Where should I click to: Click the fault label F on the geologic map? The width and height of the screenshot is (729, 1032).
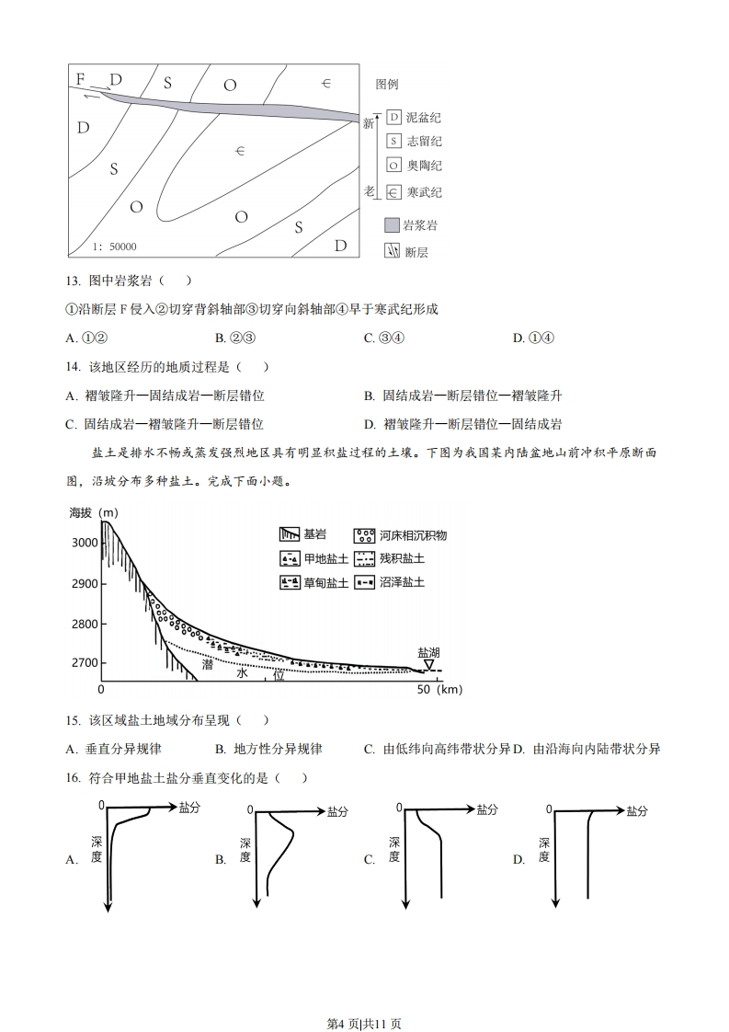point(81,78)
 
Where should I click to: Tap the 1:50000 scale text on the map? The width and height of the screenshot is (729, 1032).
point(114,247)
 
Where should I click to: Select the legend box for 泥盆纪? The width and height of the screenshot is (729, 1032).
point(393,117)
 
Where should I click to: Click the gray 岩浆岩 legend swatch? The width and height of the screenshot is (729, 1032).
point(393,225)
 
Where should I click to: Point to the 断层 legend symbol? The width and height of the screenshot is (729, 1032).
point(393,251)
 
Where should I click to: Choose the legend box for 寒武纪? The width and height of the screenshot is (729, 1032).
point(393,192)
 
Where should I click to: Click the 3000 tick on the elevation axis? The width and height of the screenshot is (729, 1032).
point(84,543)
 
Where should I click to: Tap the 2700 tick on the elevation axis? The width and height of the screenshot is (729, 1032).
point(84,663)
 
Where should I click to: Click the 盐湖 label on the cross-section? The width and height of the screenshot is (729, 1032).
point(428,651)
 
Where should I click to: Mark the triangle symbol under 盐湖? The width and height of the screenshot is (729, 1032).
point(428,664)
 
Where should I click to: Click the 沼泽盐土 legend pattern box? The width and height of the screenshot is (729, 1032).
point(365,582)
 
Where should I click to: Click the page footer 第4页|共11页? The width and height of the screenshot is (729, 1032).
point(364,998)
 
